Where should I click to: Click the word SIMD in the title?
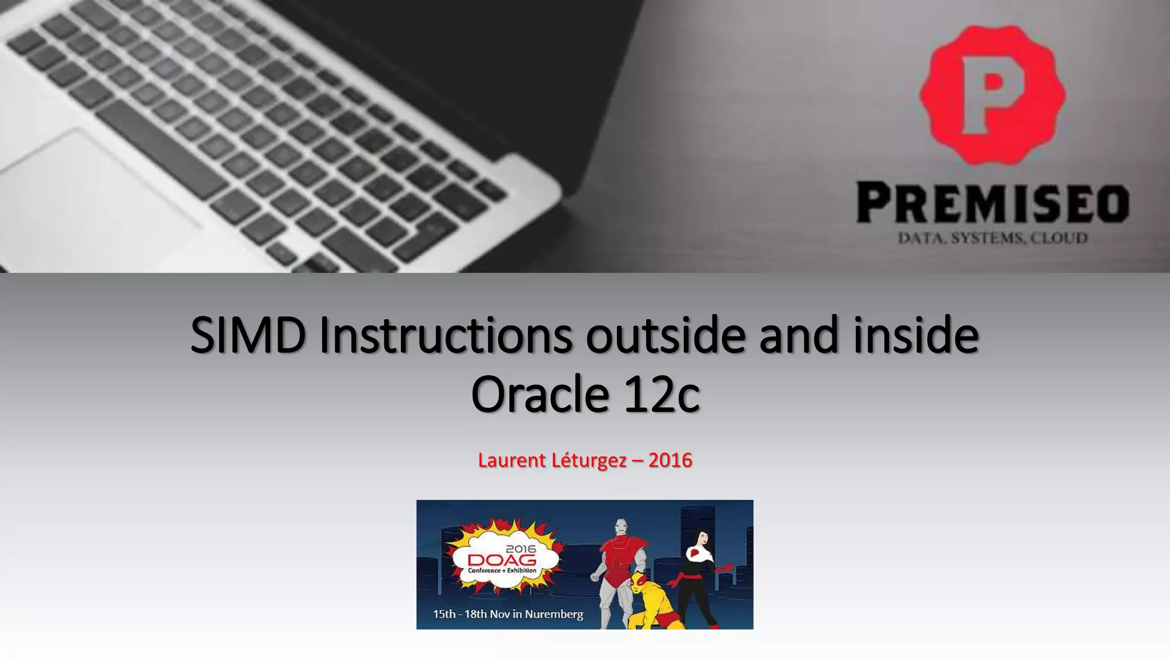point(247,336)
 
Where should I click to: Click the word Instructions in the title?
point(445,336)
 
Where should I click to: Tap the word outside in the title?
point(665,336)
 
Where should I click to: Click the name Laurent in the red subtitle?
point(511,460)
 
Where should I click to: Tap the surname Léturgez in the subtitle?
point(589,460)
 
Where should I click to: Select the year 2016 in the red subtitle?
point(670,460)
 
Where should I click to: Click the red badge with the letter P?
point(992,94)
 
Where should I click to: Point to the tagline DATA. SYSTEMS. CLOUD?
point(992,238)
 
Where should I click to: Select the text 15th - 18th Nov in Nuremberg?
point(508,615)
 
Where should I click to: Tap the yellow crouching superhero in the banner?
point(651,603)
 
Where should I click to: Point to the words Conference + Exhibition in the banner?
point(502,571)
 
